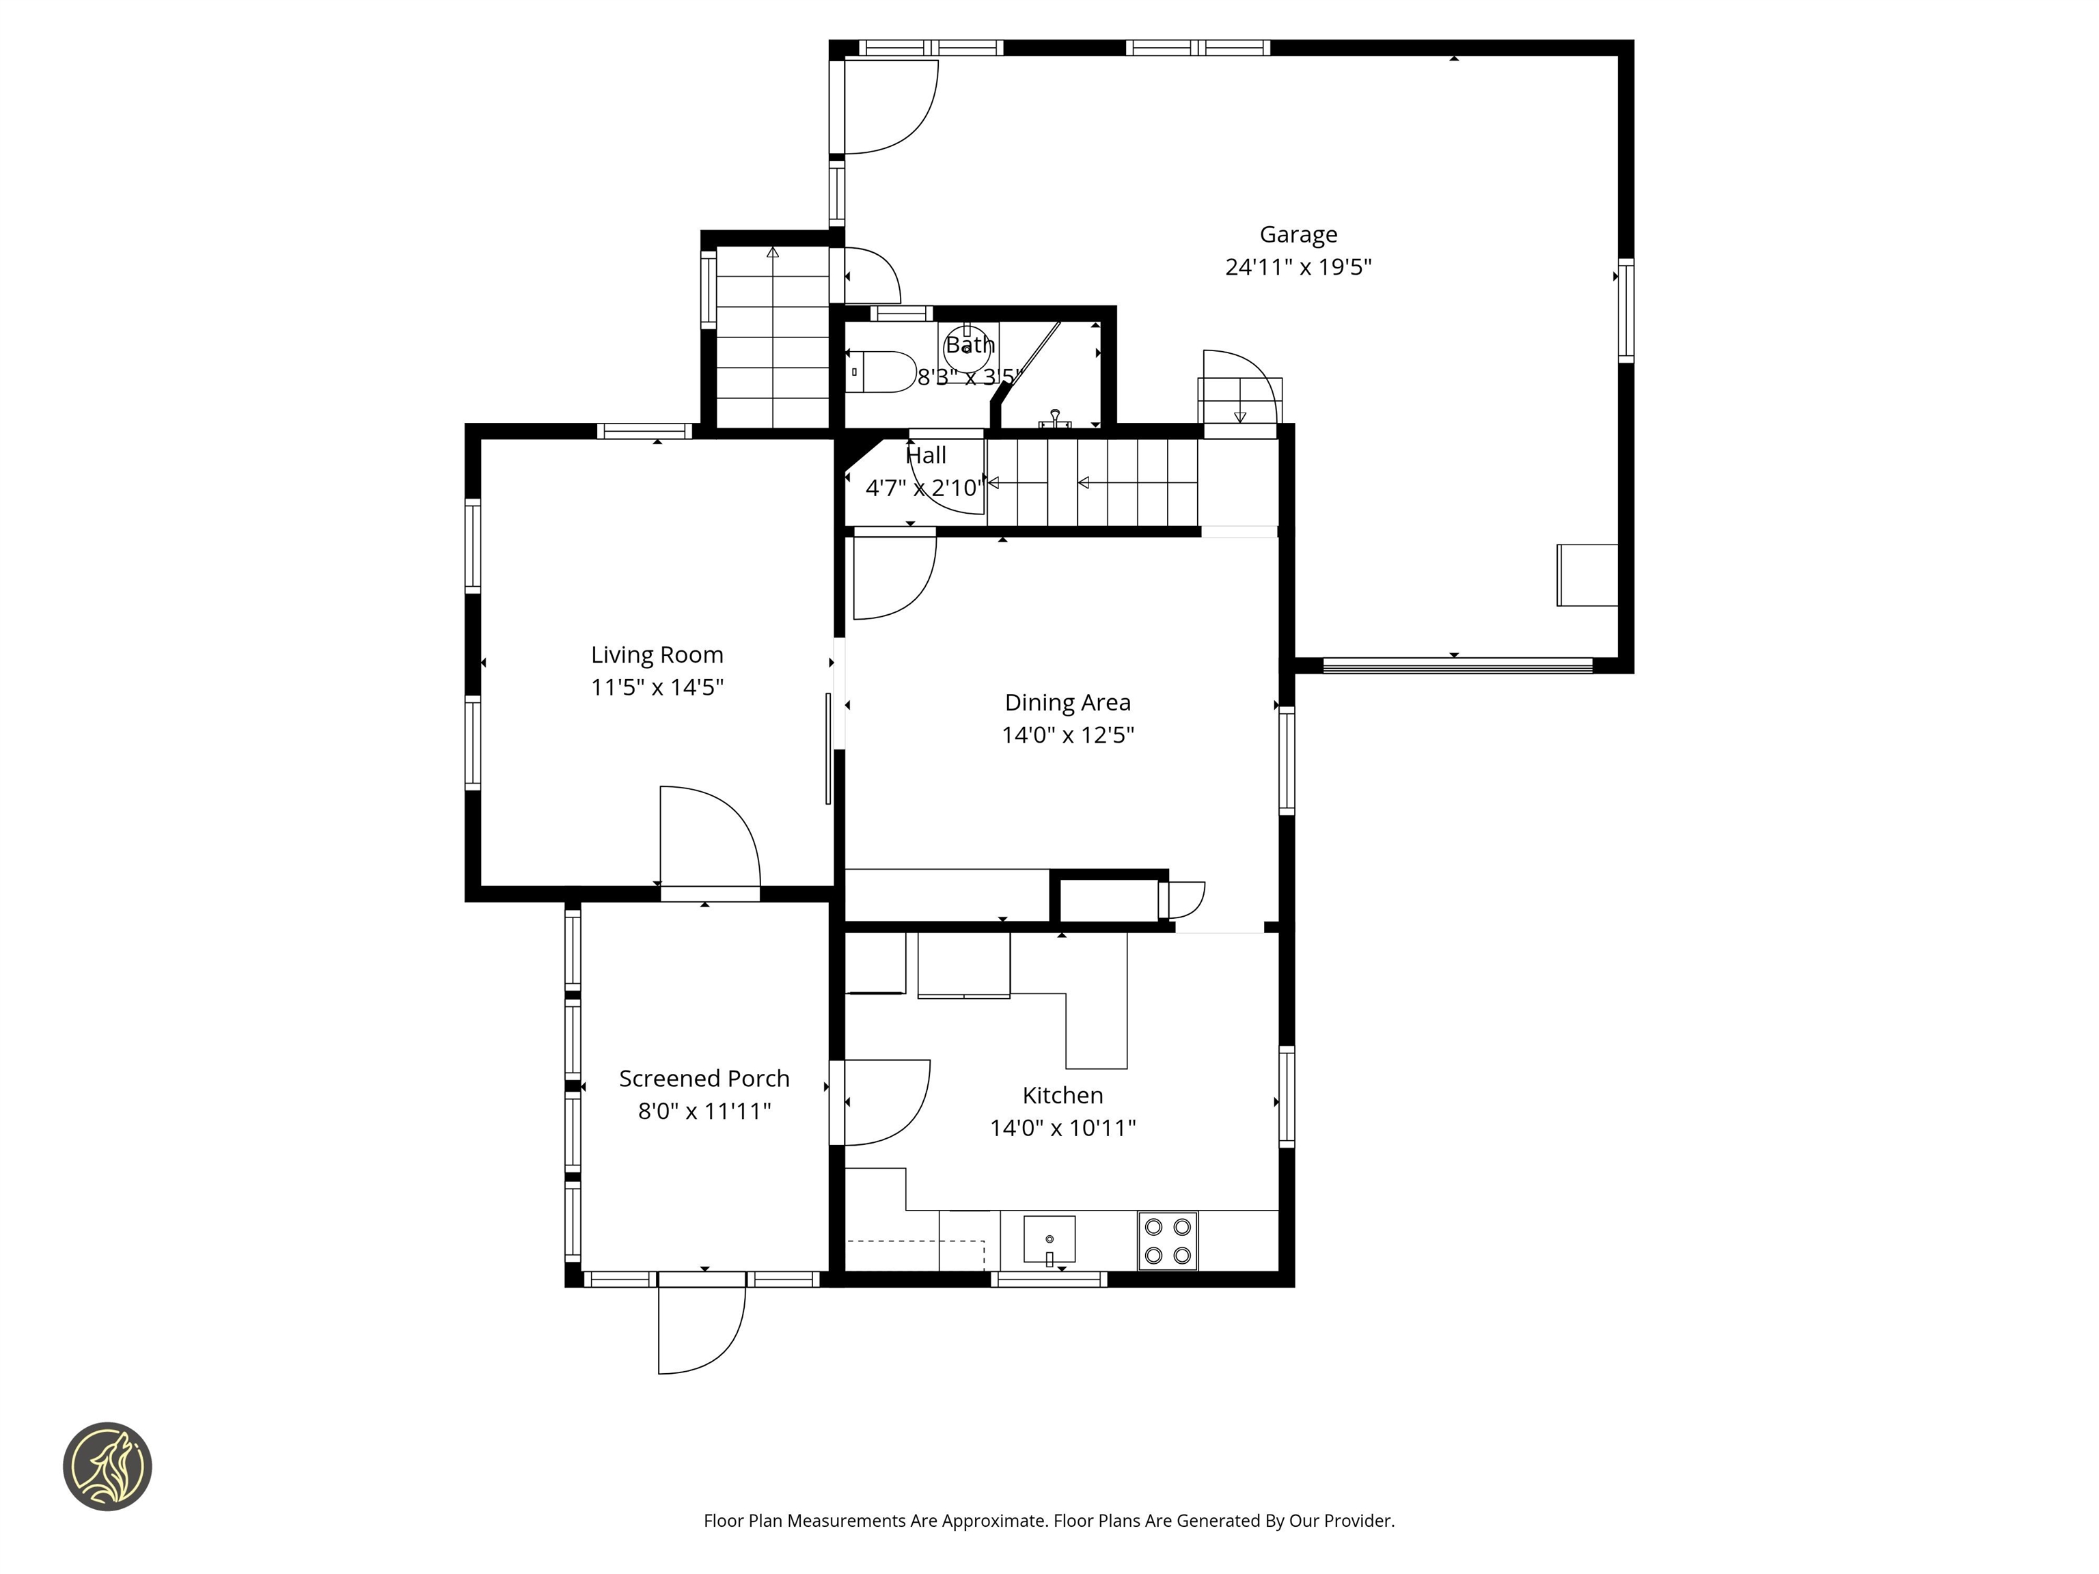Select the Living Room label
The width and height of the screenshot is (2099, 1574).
click(657, 654)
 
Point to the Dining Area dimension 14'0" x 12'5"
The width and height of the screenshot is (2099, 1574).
click(1067, 735)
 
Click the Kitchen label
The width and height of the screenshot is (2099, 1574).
click(1062, 1095)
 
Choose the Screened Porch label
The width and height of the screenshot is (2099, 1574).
click(703, 1079)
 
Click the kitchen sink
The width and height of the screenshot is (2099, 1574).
click(1049, 1238)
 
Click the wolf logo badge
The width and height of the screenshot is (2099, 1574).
click(107, 1466)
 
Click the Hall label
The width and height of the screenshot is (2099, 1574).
click(925, 456)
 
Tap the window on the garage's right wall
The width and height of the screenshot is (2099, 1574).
click(1625, 310)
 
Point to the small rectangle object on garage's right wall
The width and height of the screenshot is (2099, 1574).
click(1587, 575)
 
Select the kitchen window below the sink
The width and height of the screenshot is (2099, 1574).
click(1049, 1279)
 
